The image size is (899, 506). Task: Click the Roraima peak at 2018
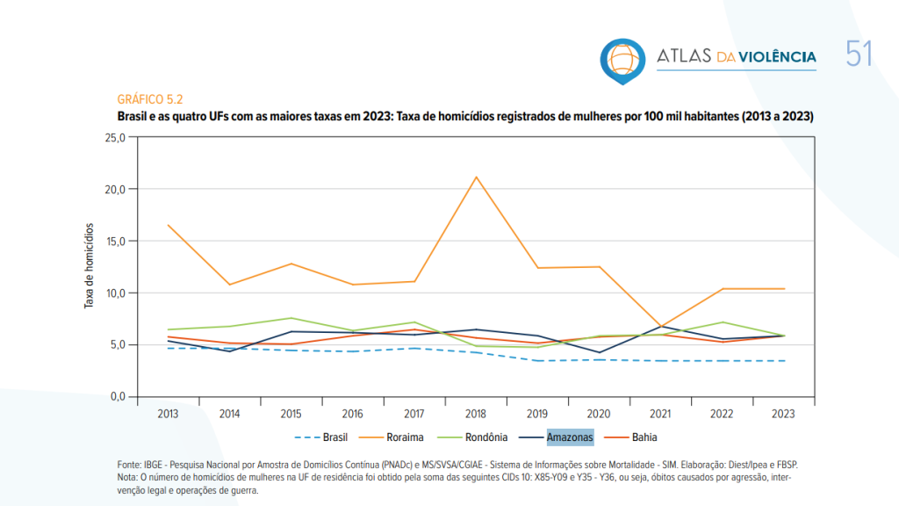pos(475,177)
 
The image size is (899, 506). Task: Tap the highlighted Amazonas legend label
pos(570,437)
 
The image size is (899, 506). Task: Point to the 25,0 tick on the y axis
pos(116,137)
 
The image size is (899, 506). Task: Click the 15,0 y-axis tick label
pos(116,241)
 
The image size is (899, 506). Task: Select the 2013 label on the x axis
pos(168,413)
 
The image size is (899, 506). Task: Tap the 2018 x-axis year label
pos(475,413)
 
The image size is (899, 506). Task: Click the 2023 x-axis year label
pos(783,413)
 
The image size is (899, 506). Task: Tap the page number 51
pos(859,54)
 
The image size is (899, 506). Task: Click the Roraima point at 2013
pos(168,225)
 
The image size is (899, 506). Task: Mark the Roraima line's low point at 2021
pos(660,327)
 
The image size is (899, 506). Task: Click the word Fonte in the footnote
pos(128,464)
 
